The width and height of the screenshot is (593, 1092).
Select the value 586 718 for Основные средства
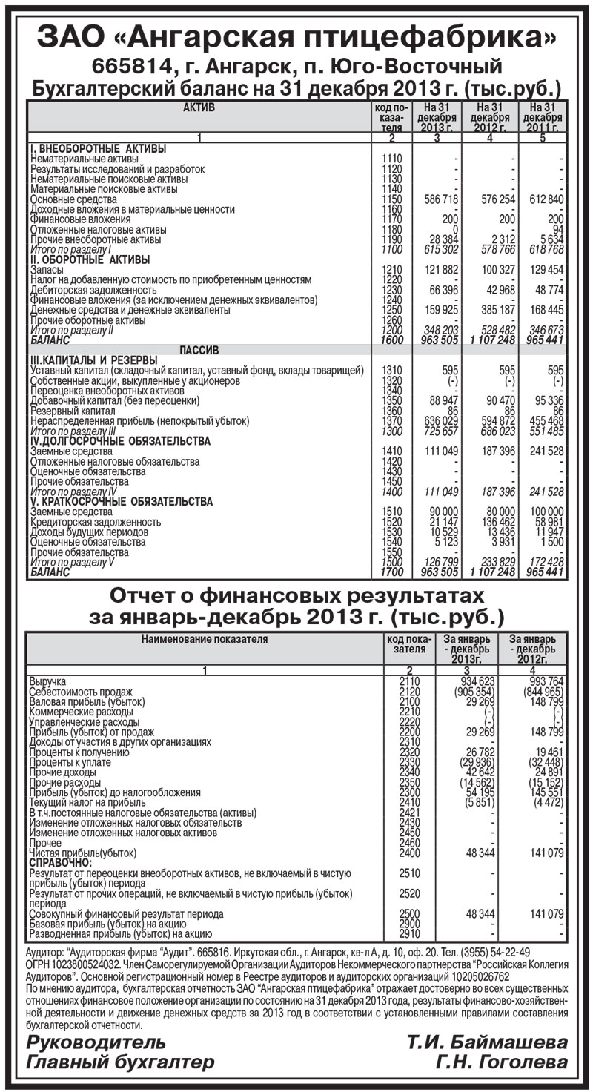click(440, 199)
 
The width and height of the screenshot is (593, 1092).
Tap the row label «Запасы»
click(47, 270)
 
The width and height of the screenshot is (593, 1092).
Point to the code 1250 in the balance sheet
click(391, 310)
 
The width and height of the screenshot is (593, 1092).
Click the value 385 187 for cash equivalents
click(493, 310)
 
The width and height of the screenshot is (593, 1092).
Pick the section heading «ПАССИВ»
click(199, 350)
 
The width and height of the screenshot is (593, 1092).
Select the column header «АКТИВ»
click(199, 108)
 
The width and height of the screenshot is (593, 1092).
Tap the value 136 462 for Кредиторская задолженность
click(493, 522)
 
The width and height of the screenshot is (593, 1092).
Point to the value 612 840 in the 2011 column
click(543, 199)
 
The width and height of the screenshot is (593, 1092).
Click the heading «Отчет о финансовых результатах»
click(296, 595)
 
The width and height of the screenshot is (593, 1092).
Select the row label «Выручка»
click(47, 681)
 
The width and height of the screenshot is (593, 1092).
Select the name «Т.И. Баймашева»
click(486, 1043)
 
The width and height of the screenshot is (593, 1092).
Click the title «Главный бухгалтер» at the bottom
click(120, 1063)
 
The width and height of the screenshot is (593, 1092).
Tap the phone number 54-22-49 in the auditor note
click(506, 952)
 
